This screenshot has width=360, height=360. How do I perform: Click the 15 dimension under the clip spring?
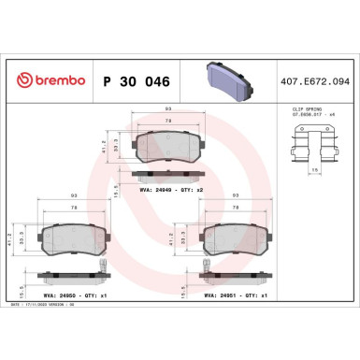click(x=315, y=170)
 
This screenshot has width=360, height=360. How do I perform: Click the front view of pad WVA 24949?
click(x=163, y=143)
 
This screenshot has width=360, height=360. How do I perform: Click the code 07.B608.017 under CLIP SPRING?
click(x=301, y=116)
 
